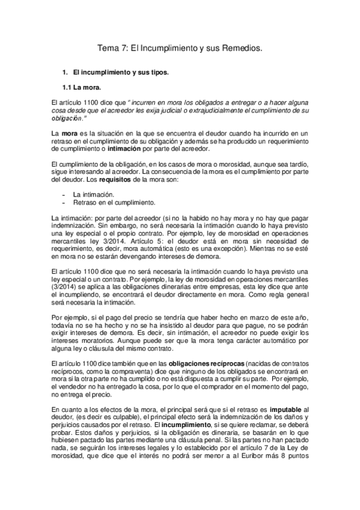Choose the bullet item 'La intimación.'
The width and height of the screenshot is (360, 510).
tap(93, 195)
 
